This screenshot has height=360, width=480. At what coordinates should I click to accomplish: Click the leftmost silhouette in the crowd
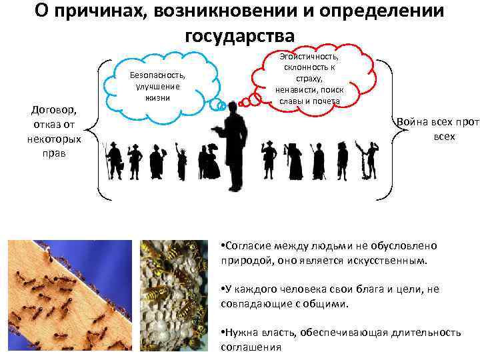[114, 161]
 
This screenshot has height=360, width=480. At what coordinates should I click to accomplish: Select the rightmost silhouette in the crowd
[366, 161]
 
